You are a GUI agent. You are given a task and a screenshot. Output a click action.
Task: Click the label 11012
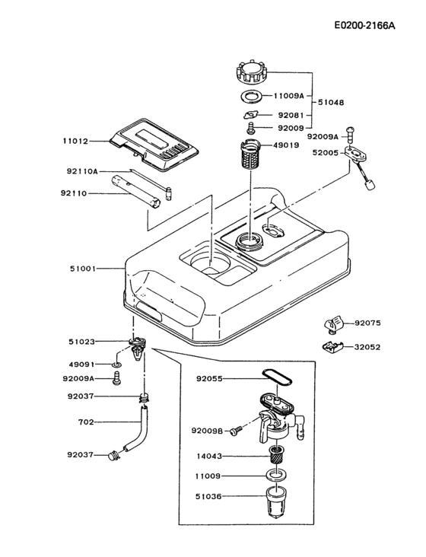(76, 141)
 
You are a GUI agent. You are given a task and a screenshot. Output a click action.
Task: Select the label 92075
(367, 323)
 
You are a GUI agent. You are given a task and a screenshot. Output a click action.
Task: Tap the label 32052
(367, 347)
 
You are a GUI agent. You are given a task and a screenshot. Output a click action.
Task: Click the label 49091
(82, 364)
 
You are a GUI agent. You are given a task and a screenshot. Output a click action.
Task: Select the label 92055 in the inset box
(211, 377)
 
